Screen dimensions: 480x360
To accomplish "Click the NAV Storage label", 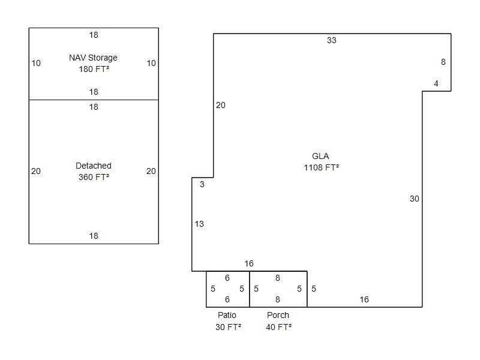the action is coord(93,58).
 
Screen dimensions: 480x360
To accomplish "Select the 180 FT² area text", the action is coord(94,69).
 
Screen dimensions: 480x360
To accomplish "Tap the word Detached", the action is coord(94,166).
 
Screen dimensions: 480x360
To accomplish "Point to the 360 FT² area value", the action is coord(94,177).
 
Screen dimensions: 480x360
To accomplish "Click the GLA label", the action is coord(320,156).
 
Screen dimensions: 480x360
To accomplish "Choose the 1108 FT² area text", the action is coord(322,168).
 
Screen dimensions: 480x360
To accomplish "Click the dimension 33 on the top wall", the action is coord(332,40).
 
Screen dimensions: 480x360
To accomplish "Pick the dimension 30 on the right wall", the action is coord(415,199).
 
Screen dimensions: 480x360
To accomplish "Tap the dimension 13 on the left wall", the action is coord(199,224).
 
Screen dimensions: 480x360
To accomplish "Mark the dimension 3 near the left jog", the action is coord(202,184).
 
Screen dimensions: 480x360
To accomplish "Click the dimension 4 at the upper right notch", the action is coord(436,83).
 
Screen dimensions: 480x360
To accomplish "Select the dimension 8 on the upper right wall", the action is coord(443,62).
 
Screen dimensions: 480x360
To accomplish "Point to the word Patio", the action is coord(227,315).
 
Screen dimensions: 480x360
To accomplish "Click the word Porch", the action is coord(278,315).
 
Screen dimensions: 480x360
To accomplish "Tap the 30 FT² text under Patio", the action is coord(228,327).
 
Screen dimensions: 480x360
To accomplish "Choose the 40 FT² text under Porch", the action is coord(278,327).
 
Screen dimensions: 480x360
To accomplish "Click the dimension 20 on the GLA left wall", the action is coord(221,106).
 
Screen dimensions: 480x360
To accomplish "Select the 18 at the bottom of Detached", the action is coord(94,236).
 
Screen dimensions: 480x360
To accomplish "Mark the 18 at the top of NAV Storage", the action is coord(94,35).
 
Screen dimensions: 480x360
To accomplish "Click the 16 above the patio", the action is coord(249,263).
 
